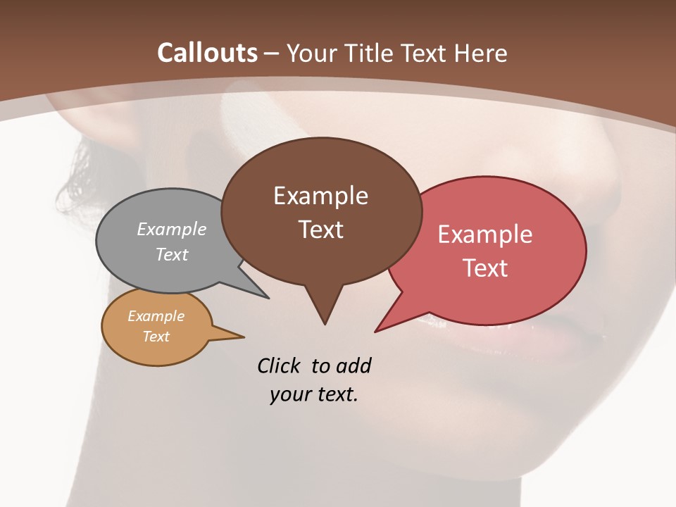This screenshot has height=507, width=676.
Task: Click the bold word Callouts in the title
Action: [207, 53]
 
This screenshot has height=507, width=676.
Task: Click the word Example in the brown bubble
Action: [320, 196]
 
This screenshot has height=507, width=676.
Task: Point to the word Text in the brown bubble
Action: [320, 230]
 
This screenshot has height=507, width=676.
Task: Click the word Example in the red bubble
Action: [485, 234]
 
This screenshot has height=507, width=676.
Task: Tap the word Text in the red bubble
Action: [485, 268]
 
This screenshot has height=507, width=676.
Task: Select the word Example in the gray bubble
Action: [172, 229]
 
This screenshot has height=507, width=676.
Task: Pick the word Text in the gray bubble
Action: [172, 254]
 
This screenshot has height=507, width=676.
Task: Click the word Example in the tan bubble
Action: [156, 316]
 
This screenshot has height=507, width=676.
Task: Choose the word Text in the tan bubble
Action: [156, 337]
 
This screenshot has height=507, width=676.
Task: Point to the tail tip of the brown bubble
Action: [325, 322]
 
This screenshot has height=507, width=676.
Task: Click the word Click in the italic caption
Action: [280, 365]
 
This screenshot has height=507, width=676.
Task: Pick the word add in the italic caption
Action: [353, 365]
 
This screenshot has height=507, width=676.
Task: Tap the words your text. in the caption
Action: [314, 394]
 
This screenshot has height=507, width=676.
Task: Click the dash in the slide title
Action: [272, 54]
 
